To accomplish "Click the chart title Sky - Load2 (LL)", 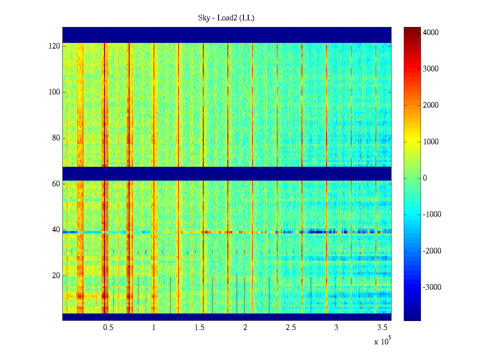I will click(226, 18).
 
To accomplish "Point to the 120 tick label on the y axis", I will click(54, 46).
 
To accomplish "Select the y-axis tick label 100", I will click(54, 92).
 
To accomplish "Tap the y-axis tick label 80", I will click(56, 138).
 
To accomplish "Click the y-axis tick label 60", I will click(56, 184).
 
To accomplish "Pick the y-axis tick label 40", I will click(56, 230).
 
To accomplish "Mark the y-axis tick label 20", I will click(56, 276).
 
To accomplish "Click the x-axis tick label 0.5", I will click(108, 328).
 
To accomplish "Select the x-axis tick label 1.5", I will click(199, 328).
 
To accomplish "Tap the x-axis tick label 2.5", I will click(291, 328).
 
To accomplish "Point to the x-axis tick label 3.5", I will click(382, 328).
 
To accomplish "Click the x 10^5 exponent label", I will click(382, 341).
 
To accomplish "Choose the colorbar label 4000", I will click(431, 33).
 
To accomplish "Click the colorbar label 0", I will click(425, 178).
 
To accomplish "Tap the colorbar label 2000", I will click(431, 105).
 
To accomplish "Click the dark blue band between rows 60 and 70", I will click(227, 173).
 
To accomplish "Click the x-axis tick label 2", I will click(245, 328).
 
